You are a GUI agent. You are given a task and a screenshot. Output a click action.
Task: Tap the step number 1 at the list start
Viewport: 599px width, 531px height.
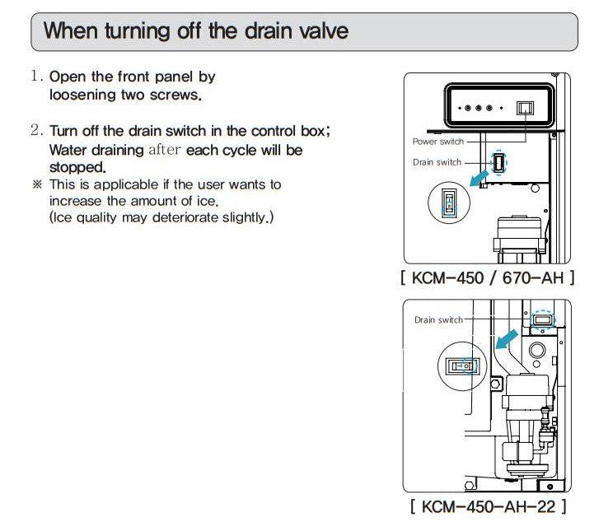point(35,77)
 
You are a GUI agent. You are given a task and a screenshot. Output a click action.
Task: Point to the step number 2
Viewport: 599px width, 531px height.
point(36,131)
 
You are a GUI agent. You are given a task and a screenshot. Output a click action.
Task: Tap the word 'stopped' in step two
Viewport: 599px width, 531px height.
point(77,168)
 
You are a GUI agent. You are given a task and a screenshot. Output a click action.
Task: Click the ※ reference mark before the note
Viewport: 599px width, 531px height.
point(36,184)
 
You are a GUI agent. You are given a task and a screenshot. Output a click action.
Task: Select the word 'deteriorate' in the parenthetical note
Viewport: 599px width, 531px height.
point(179,217)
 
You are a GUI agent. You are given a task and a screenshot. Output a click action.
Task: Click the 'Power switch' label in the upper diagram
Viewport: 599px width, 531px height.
point(437,142)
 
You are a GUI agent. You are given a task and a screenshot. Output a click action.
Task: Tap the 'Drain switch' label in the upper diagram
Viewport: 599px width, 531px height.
point(437,162)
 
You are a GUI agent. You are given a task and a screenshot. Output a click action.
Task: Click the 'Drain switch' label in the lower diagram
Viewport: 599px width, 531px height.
point(438,319)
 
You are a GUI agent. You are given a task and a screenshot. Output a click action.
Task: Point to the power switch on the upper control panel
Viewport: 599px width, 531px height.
point(525,108)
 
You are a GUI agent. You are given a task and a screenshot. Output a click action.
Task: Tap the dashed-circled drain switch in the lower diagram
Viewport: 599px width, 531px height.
point(541,319)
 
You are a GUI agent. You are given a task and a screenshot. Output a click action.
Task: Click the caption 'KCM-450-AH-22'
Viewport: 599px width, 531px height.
point(488,505)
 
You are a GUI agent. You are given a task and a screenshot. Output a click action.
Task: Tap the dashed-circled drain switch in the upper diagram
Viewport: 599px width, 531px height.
point(499,162)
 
